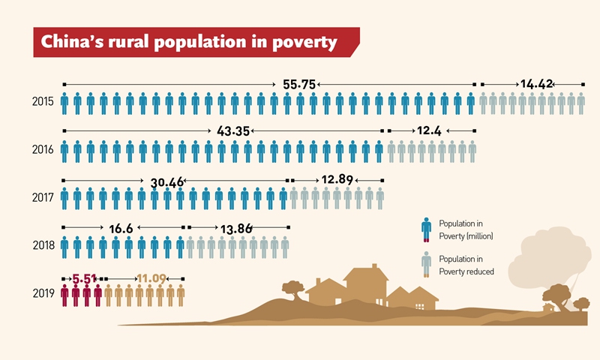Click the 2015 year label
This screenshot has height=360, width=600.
click(x=42, y=102)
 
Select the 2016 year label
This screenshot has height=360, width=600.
click(x=42, y=151)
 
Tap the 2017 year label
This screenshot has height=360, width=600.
click(x=42, y=199)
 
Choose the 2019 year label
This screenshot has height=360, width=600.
click(x=42, y=294)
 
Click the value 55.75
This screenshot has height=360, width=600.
click(x=299, y=85)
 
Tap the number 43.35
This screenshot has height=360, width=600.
click(x=232, y=131)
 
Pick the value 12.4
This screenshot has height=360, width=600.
click(x=429, y=131)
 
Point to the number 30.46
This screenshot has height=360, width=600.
click(x=166, y=181)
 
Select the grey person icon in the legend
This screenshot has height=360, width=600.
click(x=426, y=265)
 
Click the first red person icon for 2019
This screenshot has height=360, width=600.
click(x=64, y=295)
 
